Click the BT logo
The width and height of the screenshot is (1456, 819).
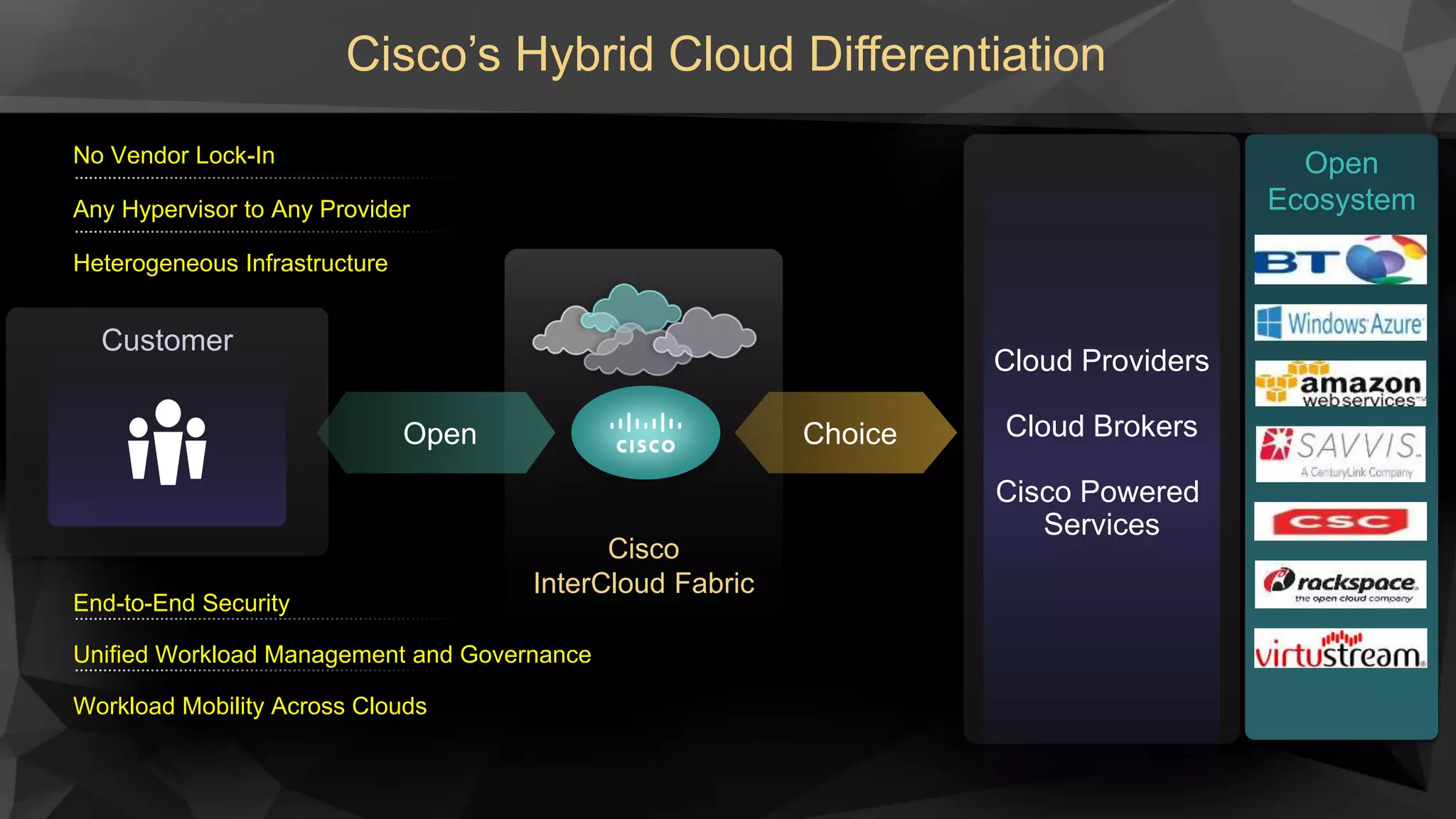(1340, 259)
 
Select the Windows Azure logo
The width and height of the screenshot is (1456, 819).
(1340, 323)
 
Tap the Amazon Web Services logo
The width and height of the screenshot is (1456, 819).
(1340, 384)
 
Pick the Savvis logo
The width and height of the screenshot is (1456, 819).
(1340, 454)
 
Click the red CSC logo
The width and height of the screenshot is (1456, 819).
(1340, 522)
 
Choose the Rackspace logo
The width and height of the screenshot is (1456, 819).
(1340, 584)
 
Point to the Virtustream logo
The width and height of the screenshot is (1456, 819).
(1340, 648)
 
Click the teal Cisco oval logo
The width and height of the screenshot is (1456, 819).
(646, 432)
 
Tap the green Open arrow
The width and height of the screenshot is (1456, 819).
(437, 433)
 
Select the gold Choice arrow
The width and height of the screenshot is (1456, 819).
(847, 433)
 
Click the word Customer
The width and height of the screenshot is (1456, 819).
(167, 341)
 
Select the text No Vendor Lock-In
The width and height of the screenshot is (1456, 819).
(174, 156)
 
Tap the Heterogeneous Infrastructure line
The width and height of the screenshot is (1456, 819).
(230, 264)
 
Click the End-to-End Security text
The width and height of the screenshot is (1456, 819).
(181, 603)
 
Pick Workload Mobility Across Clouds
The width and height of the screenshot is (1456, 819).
(250, 706)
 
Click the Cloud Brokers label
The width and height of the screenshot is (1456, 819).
(1101, 427)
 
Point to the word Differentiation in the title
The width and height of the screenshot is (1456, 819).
(957, 55)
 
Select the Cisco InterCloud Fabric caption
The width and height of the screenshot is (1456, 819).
(643, 566)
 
